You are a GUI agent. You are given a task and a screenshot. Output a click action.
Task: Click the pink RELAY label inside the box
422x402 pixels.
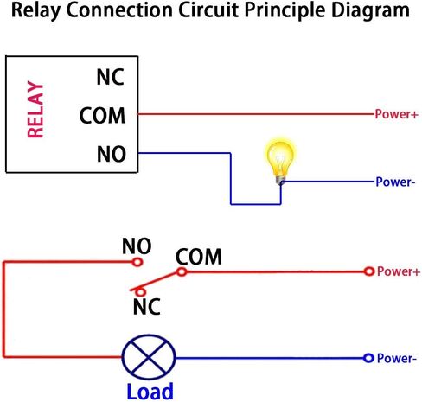[x=35, y=110]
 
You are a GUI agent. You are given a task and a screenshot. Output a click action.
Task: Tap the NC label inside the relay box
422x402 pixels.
[x=111, y=77]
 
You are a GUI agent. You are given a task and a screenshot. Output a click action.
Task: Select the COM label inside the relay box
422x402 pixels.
[x=102, y=116]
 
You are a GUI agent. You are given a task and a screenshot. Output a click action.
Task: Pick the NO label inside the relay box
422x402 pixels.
[x=112, y=154]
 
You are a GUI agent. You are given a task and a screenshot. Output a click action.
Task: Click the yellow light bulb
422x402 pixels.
[x=279, y=162]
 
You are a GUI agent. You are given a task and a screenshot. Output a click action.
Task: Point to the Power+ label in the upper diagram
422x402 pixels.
[x=396, y=114]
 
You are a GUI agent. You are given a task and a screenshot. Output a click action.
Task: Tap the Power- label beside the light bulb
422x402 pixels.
[x=395, y=182]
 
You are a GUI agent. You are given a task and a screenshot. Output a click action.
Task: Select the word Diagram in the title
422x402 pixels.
[x=370, y=11]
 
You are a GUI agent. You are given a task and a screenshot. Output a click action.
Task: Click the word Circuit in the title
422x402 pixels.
[x=208, y=10]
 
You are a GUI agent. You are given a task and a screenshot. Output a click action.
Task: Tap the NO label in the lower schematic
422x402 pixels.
[x=137, y=246]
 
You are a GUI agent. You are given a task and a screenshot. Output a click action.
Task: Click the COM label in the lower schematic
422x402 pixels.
[x=199, y=257]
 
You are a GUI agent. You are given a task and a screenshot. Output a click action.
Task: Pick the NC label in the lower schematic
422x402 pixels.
[x=147, y=307]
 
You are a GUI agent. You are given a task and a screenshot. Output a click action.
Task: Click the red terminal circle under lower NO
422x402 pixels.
[x=137, y=262]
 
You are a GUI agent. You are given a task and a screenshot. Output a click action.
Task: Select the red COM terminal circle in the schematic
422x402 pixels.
[x=182, y=271]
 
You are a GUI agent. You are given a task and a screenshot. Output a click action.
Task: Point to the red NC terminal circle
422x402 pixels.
[x=140, y=292]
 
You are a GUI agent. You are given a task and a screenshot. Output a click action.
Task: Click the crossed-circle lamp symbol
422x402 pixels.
[x=149, y=357]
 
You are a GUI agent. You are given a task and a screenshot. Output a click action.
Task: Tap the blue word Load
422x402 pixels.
[x=150, y=392]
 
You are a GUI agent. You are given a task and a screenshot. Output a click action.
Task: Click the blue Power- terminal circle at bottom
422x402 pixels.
[x=368, y=358]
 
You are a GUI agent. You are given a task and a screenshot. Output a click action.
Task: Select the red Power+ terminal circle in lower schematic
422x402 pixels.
[x=368, y=271]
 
